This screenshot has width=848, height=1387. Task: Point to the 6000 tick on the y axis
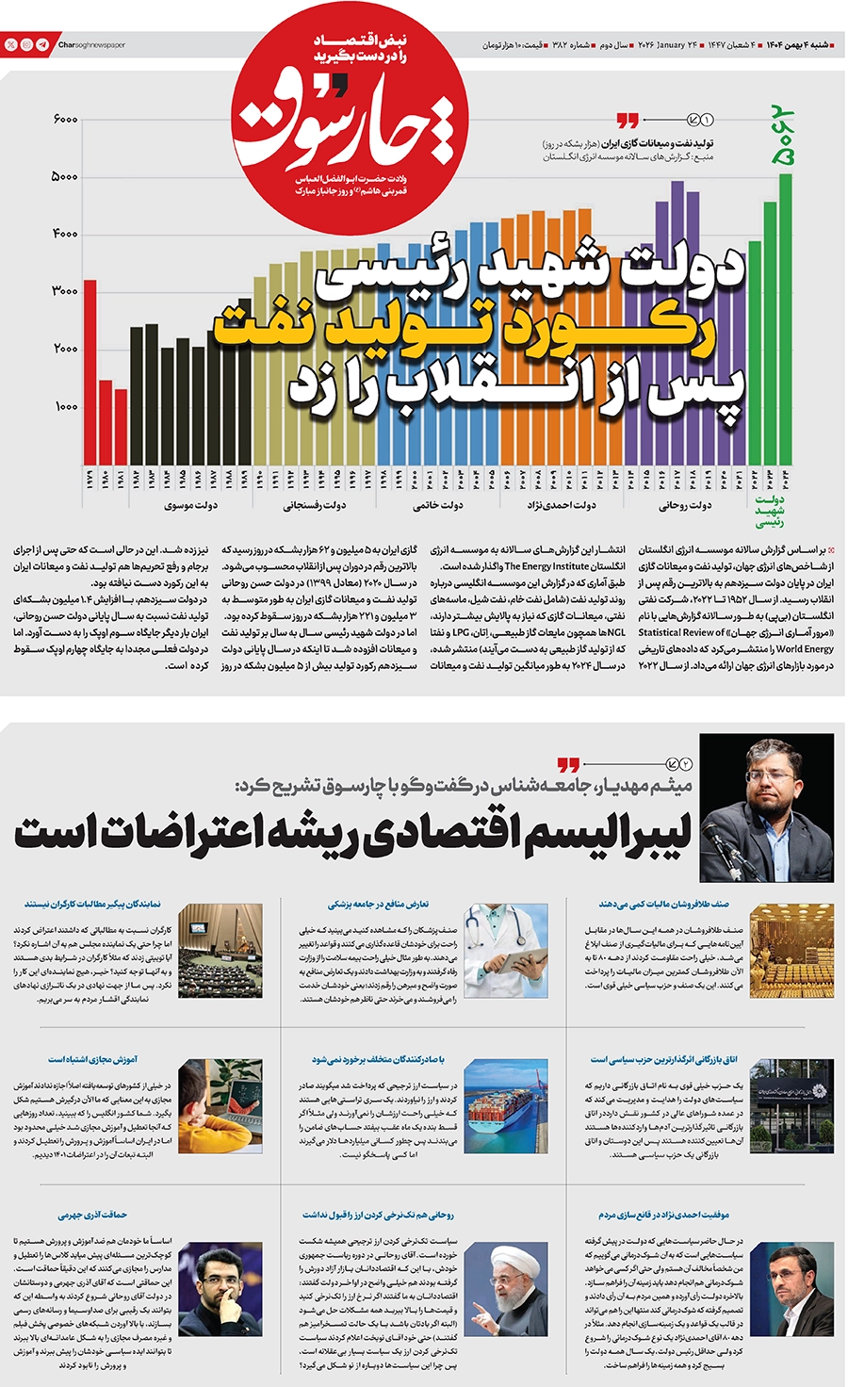65,120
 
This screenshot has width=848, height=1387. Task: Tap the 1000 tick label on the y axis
65,407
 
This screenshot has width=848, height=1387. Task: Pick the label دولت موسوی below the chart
190,506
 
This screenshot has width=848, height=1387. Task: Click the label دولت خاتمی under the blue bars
437,506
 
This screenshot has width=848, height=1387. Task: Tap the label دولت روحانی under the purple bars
684,506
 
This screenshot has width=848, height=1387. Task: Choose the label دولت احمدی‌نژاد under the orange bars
561,506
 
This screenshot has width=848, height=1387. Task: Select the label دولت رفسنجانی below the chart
314,506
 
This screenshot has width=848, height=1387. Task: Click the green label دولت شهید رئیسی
770,511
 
